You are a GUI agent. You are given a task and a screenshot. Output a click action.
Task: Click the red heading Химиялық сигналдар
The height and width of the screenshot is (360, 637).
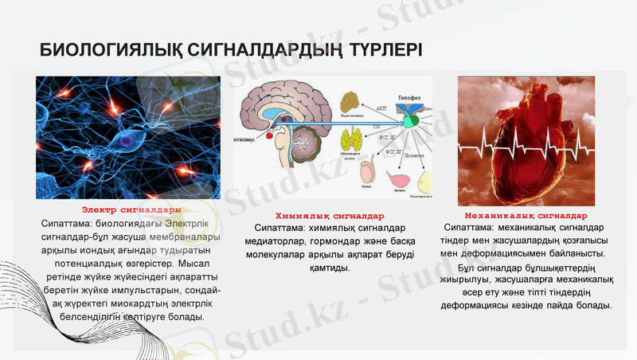click(x=330, y=216)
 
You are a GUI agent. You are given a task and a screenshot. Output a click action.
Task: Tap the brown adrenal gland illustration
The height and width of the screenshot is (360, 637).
click(x=351, y=102)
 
